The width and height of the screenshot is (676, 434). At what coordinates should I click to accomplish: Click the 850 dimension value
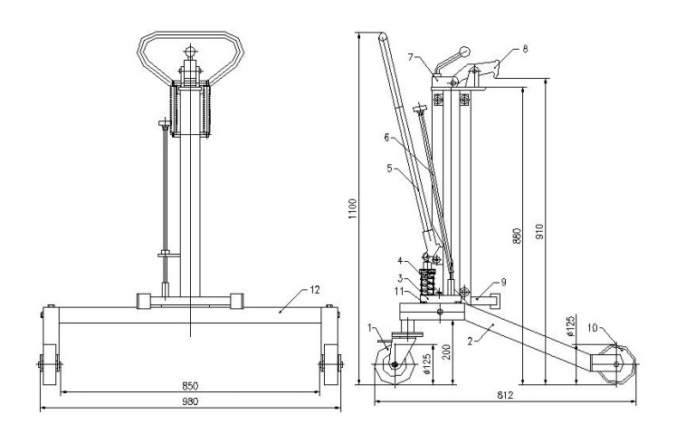coord(190,386)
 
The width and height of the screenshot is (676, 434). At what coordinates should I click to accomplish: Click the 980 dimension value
coord(190,401)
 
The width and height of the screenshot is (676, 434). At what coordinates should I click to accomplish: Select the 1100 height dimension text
coord(353,209)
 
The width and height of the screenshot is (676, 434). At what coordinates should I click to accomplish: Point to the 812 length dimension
coord(505,395)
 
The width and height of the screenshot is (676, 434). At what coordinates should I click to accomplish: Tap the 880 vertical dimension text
coord(518,236)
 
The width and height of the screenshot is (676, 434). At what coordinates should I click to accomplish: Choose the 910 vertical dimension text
coord(540,232)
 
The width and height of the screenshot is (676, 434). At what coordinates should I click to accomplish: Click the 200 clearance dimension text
coord(447,352)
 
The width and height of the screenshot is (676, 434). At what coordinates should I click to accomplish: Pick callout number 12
coord(315,290)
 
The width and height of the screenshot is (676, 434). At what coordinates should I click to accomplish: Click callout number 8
coord(525,49)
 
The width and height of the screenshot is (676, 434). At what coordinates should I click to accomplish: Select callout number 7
coord(411,56)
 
